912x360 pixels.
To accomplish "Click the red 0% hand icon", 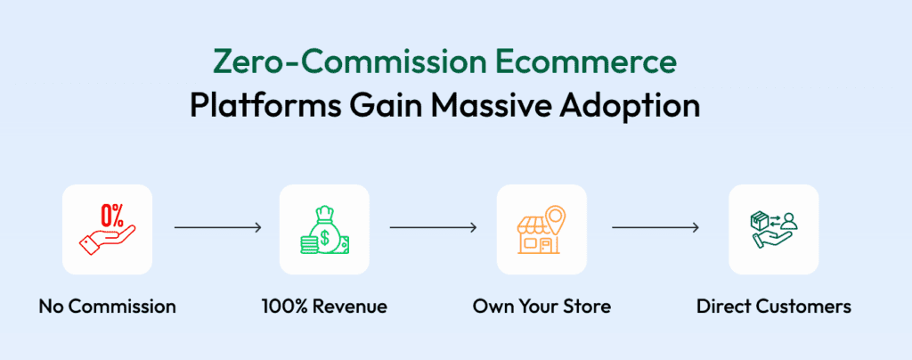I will click(x=107, y=229).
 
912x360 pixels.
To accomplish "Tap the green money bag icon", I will click(x=323, y=229).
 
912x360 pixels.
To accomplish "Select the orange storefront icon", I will click(x=541, y=229).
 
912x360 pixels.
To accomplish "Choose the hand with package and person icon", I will click(x=773, y=229).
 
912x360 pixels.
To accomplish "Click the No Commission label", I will click(x=107, y=307).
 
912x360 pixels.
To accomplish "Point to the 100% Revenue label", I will click(x=324, y=307).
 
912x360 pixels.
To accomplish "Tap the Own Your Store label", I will click(x=541, y=307).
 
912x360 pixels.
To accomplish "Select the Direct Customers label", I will click(x=773, y=307).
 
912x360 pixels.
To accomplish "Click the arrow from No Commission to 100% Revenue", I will click(x=217, y=228).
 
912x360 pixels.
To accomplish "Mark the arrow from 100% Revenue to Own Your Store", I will click(x=434, y=228).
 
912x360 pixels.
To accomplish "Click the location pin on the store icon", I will click(x=557, y=217).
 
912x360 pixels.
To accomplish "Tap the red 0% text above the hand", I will click(x=111, y=214).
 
